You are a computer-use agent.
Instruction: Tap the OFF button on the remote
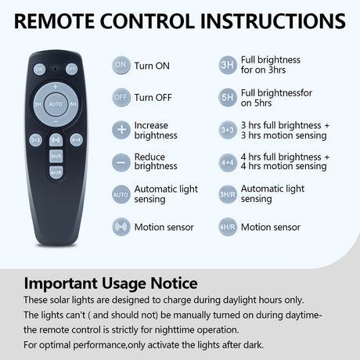(71, 69)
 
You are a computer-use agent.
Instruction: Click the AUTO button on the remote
(56, 104)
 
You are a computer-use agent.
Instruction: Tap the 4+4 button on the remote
(76, 140)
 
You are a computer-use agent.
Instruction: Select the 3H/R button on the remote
(56, 157)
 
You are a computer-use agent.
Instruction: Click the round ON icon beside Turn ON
(121, 65)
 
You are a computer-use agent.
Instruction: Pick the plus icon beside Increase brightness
(121, 130)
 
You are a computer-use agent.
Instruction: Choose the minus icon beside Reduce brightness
(121, 163)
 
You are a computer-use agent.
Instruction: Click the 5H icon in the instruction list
(228, 98)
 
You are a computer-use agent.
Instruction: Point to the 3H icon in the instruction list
(228, 65)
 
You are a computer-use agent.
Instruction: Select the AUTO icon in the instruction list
(121, 195)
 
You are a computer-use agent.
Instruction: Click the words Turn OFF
(153, 98)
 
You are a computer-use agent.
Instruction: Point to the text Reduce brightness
(156, 161)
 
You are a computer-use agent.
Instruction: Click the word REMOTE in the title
(54, 21)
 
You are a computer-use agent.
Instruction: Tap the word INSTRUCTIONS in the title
(272, 21)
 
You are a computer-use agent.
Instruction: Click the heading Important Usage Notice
(110, 283)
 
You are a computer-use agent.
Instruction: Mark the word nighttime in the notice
(175, 330)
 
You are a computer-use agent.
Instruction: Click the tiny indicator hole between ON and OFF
(56, 69)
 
